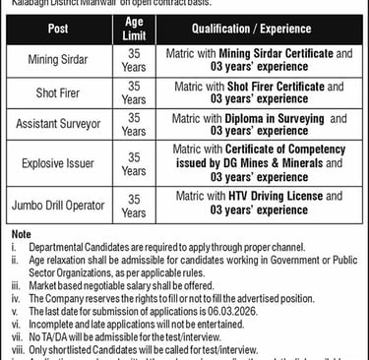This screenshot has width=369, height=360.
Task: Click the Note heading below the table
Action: [x=21, y=233]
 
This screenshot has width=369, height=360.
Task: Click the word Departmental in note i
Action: [x=52, y=245]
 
